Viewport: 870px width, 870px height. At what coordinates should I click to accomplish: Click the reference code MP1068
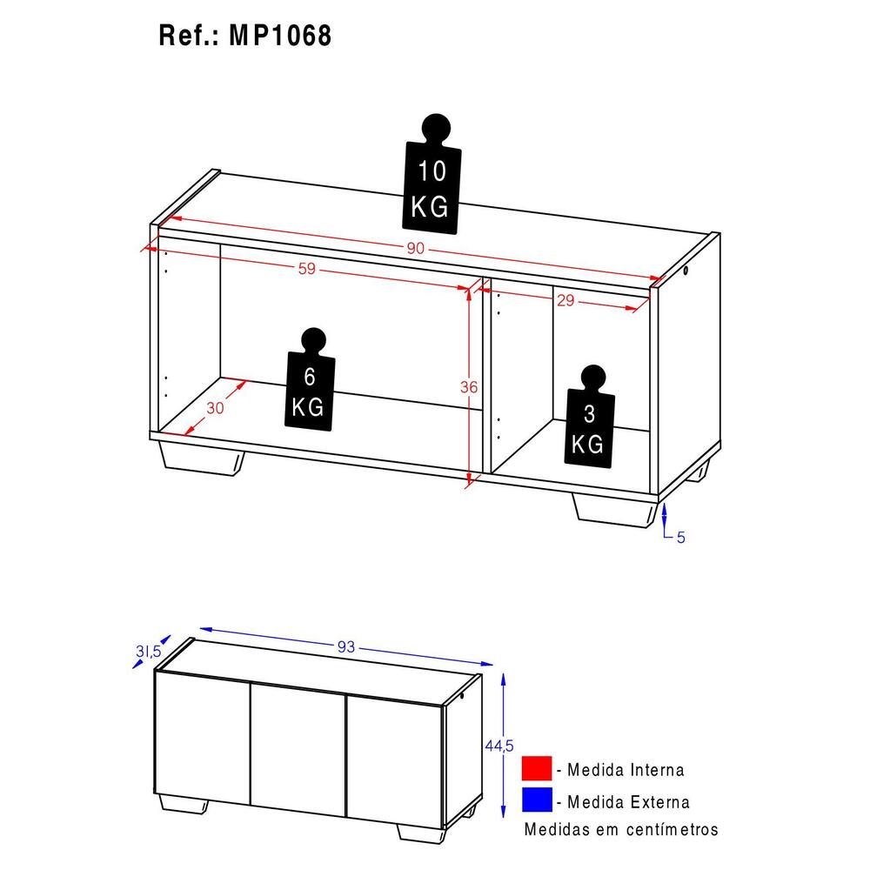[x=280, y=37]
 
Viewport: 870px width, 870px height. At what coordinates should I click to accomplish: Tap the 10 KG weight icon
[x=432, y=179]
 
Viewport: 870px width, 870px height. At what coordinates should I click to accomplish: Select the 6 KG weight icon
[x=308, y=384]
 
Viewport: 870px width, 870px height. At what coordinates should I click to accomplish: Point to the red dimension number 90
[x=415, y=249]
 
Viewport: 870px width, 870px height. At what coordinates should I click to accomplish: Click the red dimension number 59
[x=306, y=270]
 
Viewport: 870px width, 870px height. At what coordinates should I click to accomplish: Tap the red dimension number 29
[x=565, y=301]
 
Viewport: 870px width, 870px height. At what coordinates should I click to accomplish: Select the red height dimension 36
[x=469, y=389]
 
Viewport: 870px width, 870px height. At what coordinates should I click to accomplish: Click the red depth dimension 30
[x=215, y=408]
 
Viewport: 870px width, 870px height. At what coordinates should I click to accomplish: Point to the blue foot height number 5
[x=681, y=538]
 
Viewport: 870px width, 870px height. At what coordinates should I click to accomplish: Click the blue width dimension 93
[x=345, y=646]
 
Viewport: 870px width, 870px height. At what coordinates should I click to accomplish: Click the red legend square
[x=537, y=769]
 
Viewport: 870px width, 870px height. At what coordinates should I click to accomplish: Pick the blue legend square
[x=537, y=800]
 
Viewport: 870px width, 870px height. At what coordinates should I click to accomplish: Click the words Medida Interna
[x=625, y=770]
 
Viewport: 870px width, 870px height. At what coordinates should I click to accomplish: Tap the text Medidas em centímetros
[x=621, y=829]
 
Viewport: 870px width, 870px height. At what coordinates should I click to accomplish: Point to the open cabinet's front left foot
[x=200, y=458]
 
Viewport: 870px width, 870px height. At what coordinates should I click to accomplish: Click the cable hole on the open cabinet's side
[x=686, y=271]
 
